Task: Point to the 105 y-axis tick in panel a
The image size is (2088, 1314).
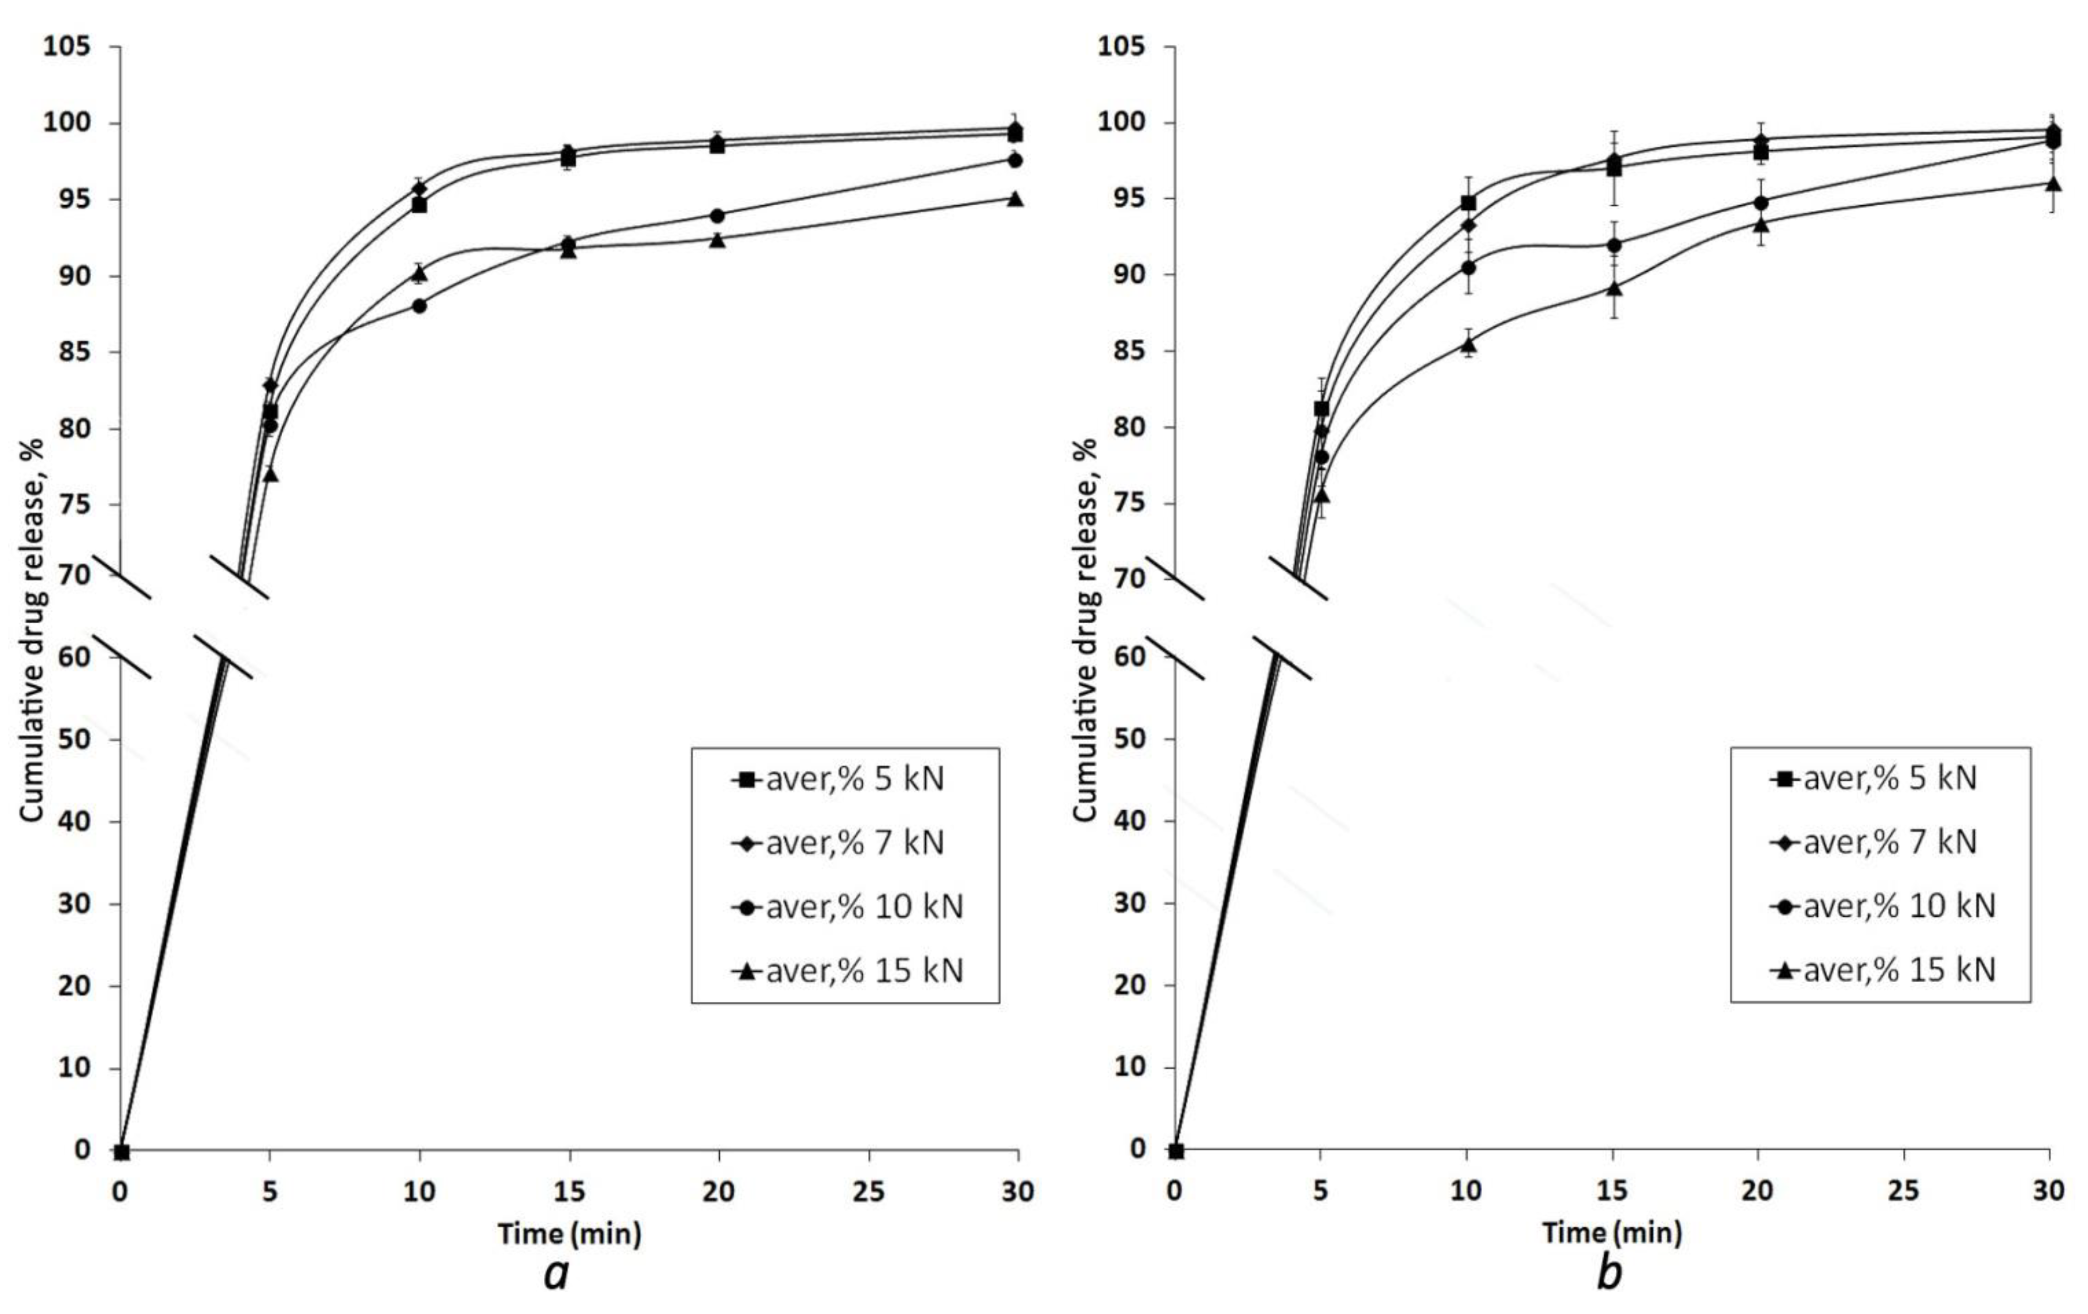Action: pos(68,46)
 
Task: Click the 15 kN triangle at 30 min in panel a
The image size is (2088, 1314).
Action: pos(1016,199)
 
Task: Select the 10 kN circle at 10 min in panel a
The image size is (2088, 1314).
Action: pos(420,305)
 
